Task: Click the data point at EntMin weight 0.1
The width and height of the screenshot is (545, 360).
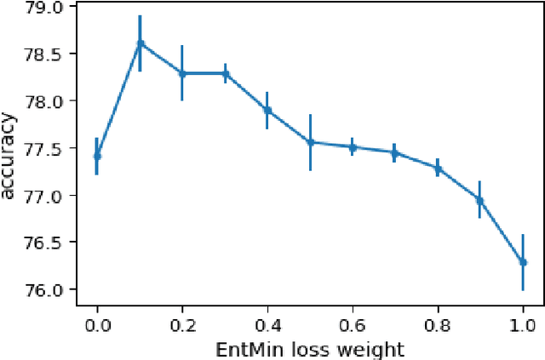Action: pyautogui.click(x=140, y=43)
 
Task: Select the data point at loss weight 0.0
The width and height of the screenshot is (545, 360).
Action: pyautogui.click(x=97, y=156)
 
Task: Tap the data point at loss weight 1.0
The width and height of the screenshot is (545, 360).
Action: pyautogui.click(x=522, y=262)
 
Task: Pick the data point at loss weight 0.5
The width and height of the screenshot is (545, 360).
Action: pyautogui.click(x=310, y=142)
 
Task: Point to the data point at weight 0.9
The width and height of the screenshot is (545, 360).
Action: pyautogui.click(x=479, y=200)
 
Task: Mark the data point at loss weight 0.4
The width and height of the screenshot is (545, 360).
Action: pyautogui.click(x=267, y=110)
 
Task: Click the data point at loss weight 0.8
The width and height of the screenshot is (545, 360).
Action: pyautogui.click(x=437, y=168)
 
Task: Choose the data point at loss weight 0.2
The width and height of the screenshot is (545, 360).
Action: pyautogui.click(x=182, y=73)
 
